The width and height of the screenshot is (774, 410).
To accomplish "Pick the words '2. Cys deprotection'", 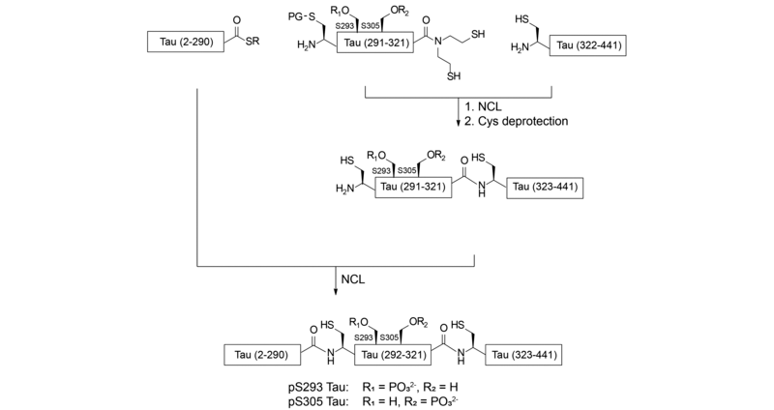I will tap(514, 123).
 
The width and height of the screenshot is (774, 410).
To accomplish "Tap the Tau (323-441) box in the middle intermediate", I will tap(549, 187).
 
